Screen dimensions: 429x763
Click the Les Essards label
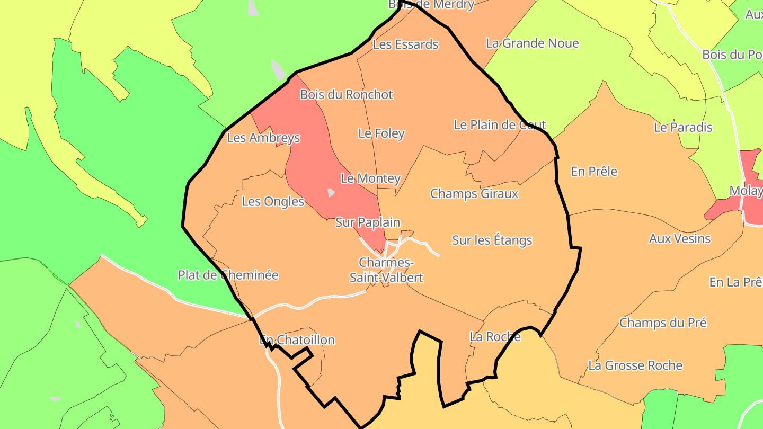[405, 44]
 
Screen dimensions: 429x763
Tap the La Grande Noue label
[532, 43]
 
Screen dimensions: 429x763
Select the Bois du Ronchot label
[346, 95]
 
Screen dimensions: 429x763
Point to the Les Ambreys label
[263, 138]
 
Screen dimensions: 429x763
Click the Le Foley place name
[381, 133]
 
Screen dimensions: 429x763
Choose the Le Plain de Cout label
[500, 125]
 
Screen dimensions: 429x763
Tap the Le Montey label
[370, 178]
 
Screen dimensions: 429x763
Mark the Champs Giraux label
[474, 193]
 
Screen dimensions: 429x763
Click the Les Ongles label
[273, 201]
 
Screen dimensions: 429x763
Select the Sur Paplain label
[367, 222]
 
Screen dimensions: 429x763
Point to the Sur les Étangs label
[492, 240]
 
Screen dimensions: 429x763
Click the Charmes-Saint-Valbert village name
[386, 270]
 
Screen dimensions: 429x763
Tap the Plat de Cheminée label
[228, 275]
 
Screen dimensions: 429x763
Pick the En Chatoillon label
[297, 340]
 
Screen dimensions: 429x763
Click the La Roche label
[495, 337]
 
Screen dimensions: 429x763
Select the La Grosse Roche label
[635, 365]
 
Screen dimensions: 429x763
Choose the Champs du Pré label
[663, 323]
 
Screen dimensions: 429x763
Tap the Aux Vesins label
[679, 239]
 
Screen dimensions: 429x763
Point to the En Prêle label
[593, 172]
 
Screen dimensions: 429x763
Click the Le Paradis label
[683, 128]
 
